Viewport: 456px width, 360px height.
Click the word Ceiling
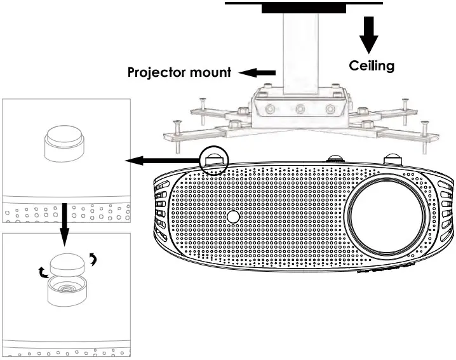click(x=372, y=65)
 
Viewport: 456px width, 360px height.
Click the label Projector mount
click(x=179, y=72)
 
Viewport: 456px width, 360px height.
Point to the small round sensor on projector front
click(x=234, y=216)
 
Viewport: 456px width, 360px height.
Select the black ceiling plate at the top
click(x=304, y=7)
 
